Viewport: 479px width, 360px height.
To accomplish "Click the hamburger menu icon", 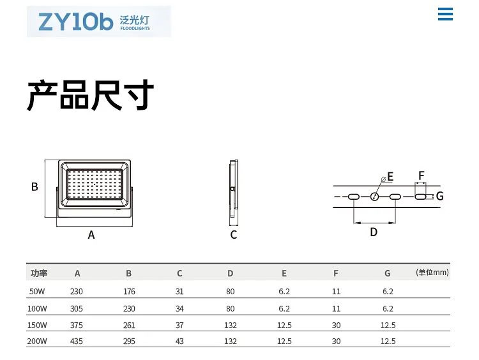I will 445,14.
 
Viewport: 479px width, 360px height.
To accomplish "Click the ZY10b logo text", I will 75,22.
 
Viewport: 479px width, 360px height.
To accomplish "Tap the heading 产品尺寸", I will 90,96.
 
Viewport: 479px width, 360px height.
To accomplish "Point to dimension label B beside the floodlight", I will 35,187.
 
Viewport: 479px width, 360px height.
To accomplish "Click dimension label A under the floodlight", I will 91,235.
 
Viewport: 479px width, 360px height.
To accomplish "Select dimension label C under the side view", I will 234,235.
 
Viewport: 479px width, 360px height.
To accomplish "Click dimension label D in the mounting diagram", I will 374,232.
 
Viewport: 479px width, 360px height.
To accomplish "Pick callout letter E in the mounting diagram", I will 390,177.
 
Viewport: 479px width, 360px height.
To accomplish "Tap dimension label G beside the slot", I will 439,196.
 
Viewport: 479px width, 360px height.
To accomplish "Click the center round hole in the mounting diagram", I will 375,197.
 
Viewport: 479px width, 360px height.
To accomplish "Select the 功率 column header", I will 39,273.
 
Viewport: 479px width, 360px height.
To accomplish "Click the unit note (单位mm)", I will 432,273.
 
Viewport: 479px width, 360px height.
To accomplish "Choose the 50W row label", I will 37,292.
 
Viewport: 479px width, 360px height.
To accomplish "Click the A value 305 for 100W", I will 77,308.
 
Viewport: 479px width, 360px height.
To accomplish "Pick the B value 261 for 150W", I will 128,325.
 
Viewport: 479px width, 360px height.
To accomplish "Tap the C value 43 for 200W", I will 179,341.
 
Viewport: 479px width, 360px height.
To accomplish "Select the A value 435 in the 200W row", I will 77,341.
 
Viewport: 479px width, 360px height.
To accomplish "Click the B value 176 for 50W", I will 128,292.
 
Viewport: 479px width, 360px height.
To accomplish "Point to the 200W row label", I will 37,341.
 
